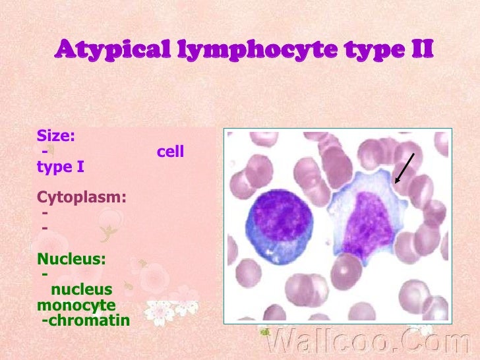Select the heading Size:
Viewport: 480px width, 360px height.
pyautogui.click(x=56, y=136)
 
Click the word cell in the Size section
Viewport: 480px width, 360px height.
pyautogui.click(x=170, y=152)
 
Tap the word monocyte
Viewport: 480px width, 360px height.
pyautogui.click(x=76, y=305)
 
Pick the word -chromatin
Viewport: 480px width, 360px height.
pyautogui.click(x=85, y=321)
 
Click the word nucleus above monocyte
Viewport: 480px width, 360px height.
pyautogui.click(x=81, y=289)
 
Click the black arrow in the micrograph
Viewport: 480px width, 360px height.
pyautogui.click(x=404, y=168)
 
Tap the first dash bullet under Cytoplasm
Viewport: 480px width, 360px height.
pyautogui.click(x=45, y=213)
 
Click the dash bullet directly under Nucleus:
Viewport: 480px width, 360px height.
pyautogui.click(x=45, y=274)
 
